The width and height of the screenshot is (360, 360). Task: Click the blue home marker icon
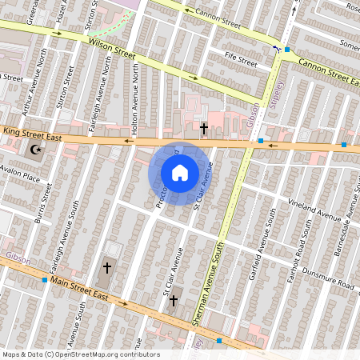[180, 172]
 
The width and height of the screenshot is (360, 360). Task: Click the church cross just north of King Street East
[204, 127]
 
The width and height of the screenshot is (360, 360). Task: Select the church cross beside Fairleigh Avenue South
[106, 269]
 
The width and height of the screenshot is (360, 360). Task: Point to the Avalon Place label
[20, 176]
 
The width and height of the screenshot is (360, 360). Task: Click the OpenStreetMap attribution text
[81, 354]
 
